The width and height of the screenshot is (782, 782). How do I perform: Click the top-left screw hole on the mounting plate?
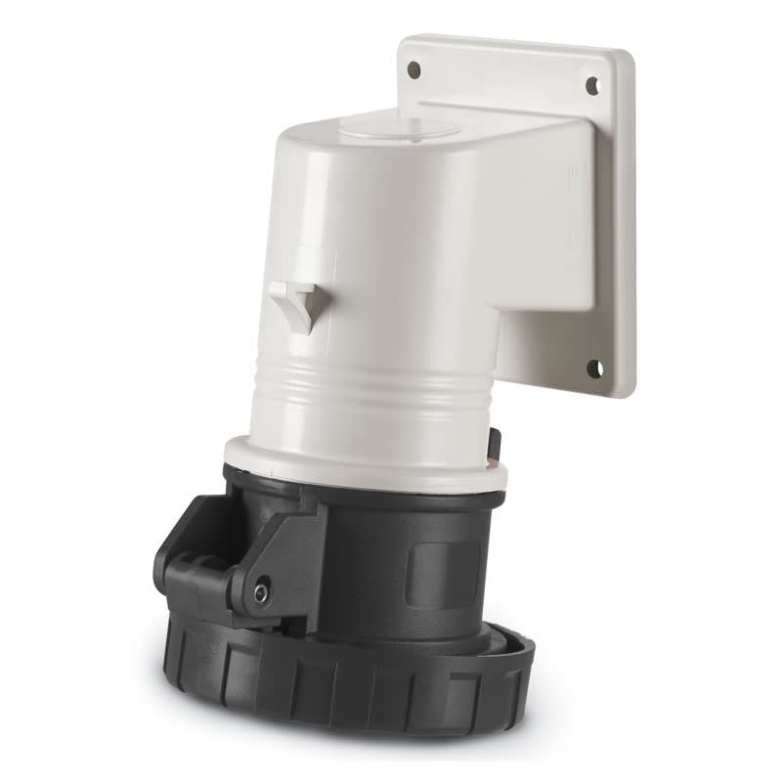(x=413, y=69)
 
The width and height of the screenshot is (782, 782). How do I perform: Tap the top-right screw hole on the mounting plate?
(x=592, y=85)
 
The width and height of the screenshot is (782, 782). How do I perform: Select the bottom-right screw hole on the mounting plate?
(x=593, y=369)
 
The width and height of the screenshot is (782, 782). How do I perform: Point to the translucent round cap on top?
(x=403, y=126)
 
